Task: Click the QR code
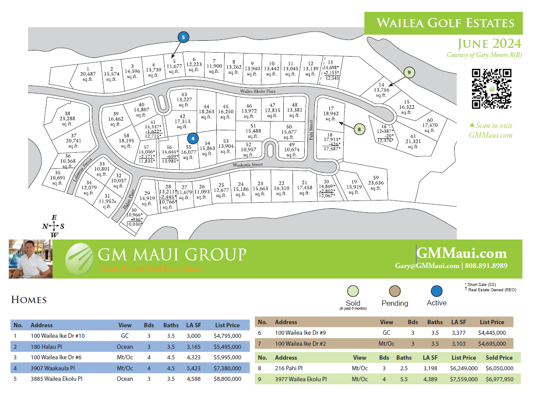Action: click(492, 89)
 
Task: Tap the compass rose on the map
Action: click(54, 226)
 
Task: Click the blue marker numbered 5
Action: click(183, 37)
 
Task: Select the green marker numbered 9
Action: click(409, 72)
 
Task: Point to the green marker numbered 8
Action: click(359, 129)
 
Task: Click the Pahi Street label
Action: click(311, 129)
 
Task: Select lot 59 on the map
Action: click(375, 183)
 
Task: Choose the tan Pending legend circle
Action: click(395, 291)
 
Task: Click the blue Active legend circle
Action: click(436, 291)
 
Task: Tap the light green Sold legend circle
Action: click(353, 291)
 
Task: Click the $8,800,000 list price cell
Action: click(227, 379)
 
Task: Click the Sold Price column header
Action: click(499, 358)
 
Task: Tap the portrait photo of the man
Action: click(31, 259)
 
